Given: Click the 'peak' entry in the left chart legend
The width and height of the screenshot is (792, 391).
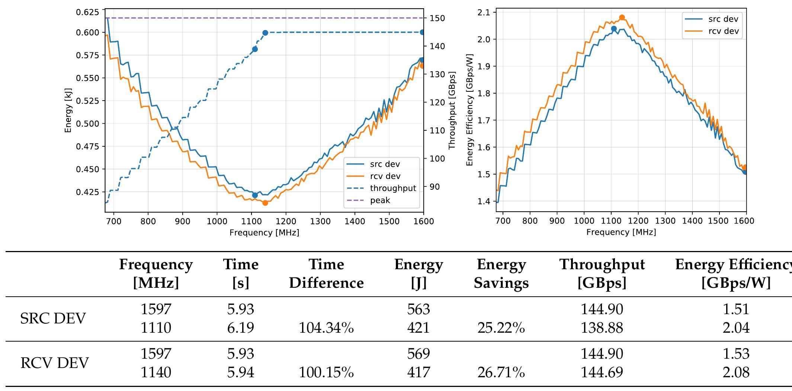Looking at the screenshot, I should point(380,201).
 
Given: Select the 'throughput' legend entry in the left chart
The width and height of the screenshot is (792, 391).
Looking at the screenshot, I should point(392,188).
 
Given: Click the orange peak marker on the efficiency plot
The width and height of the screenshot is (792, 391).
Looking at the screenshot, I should point(622,17).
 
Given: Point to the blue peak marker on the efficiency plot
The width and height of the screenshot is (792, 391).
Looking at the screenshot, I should point(614,29).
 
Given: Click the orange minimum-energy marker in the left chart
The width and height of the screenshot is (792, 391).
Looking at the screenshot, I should point(265,203).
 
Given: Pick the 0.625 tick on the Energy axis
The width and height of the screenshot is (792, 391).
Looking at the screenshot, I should point(87,12).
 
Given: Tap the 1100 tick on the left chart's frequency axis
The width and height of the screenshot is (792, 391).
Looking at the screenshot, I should point(251,222).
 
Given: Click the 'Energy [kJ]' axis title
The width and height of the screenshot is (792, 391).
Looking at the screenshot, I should point(68,110).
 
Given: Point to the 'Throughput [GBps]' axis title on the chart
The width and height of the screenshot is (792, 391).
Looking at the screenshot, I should point(452,110).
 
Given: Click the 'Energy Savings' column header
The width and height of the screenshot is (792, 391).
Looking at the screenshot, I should point(501,274).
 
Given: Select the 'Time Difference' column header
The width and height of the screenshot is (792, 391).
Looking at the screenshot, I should point(326,274).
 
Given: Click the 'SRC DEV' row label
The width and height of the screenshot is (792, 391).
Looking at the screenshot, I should point(53,319).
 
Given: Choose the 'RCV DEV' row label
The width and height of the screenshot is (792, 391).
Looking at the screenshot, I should point(54,363).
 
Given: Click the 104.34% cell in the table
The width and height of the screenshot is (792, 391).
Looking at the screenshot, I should point(326,328).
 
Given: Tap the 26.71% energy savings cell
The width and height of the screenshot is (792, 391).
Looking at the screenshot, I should point(501,372).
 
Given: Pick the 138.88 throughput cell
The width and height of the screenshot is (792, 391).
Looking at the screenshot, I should point(602,328).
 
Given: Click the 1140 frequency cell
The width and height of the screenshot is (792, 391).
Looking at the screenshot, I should point(156,372).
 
